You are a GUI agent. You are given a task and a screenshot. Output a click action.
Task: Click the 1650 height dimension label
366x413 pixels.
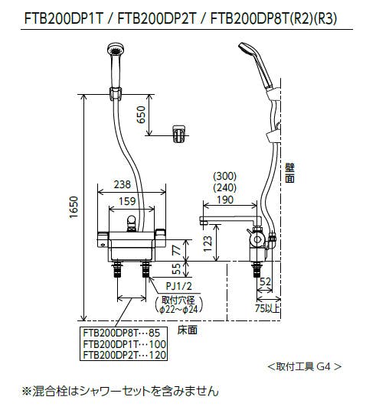tap(74, 206)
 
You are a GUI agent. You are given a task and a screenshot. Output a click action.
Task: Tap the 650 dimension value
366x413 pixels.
tap(141, 115)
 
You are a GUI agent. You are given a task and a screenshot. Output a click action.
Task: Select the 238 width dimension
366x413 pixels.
tap(123, 184)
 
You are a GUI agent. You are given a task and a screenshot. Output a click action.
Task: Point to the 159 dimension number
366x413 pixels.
tap(127, 201)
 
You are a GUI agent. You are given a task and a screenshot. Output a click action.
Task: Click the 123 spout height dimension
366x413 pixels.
tap(208, 243)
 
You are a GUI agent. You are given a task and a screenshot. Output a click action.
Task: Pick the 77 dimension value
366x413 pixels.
tap(177, 249)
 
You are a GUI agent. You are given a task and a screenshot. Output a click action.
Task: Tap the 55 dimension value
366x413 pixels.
tap(176, 268)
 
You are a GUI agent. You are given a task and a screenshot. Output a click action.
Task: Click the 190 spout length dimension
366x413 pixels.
tap(225, 200)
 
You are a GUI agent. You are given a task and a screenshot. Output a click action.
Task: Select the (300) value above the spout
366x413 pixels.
tap(224, 176)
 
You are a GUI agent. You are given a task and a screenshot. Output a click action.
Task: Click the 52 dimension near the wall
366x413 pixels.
tap(265, 281)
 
